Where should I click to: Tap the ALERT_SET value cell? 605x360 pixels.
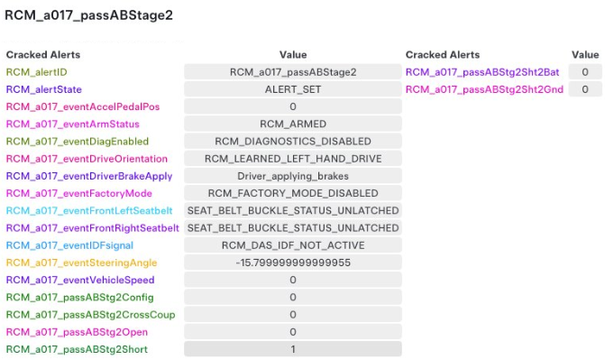pyautogui.click(x=293, y=89)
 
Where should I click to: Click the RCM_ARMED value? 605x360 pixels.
pyautogui.click(x=293, y=124)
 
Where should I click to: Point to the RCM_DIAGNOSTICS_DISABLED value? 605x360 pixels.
pyautogui.click(x=293, y=141)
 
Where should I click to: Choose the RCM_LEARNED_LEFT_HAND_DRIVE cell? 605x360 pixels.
pyautogui.click(x=293, y=158)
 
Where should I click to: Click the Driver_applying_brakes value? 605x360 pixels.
pyautogui.click(x=293, y=176)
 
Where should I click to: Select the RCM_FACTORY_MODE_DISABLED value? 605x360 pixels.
pyautogui.click(x=293, y=193)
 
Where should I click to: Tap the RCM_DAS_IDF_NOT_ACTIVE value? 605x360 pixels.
pyautogui.click(x=293, y=245)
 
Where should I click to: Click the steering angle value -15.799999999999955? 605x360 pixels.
pyautogui.click(x=293, y=263)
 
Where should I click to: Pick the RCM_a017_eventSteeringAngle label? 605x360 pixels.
pyautogui.click(x=75, y=263)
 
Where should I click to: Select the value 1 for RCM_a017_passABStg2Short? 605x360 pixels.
pyautogui.click(x=293, y=349)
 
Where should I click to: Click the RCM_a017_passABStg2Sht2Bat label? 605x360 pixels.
pyautogui.click(x=483, y=71)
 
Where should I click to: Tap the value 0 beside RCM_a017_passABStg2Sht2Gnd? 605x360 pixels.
pyautogui.click(x=585, y=89)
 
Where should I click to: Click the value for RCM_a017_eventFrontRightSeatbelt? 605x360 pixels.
pyautogui.click(x=293, y=227)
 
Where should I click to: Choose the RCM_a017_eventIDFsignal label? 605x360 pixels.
pyautogui.click(x=64, y=245)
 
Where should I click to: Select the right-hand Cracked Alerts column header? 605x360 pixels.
pyautogui.click(x=442, y=54)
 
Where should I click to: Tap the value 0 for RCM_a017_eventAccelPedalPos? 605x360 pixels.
pyautogui.click(x=293, y=106)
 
